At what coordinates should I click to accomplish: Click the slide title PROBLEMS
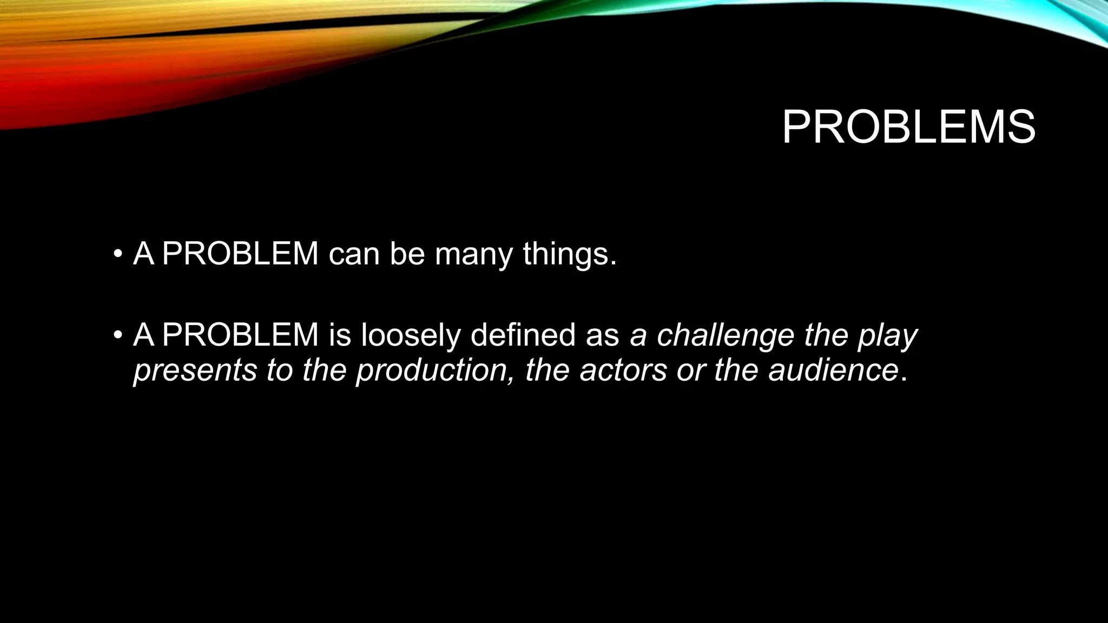(x=908, y=128)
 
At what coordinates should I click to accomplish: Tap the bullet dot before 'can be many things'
(x=117, y=254)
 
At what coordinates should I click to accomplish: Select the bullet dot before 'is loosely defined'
(x=117, y=335)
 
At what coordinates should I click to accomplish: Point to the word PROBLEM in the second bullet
(x=240, y=335)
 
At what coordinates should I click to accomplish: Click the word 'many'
(x=473, y=254)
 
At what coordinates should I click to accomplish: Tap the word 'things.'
(x=570, y=254)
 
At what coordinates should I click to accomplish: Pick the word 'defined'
(x=523, y=335)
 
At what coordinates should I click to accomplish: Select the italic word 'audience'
(x=833, y=371)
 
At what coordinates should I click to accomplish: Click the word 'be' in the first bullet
(x=407, y=254)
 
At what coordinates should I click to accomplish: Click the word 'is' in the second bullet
(x=340, y=335)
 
